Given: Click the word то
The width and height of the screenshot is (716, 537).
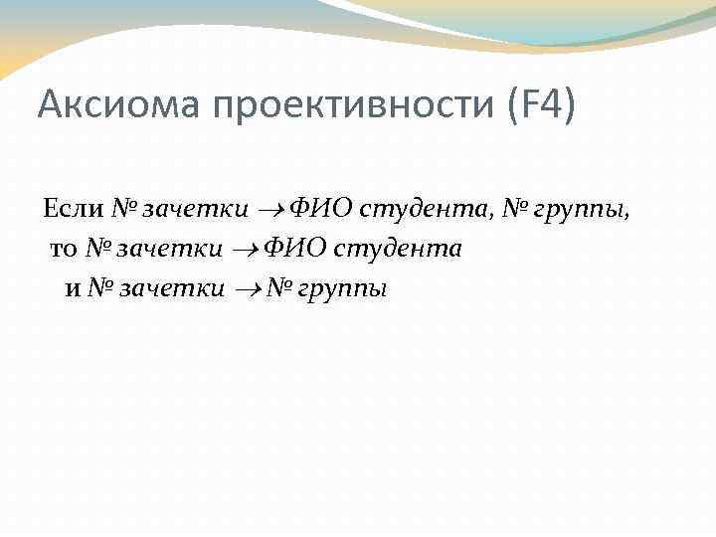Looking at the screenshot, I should (63, 250).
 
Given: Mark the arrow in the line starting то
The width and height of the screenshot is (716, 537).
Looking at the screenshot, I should (245, 250).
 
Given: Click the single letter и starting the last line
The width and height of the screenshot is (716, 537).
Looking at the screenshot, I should (71, 289).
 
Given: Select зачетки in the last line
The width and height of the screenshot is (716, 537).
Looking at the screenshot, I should (171, 289).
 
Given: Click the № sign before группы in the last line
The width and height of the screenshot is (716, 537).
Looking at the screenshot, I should (278, 289).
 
